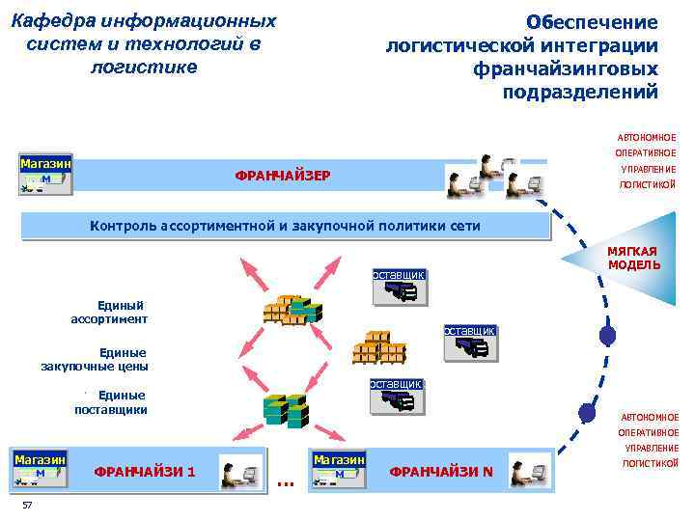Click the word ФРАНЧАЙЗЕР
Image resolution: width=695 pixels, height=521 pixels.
(x=283, y=176)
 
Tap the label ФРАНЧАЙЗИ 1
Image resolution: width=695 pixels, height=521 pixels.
(x=145, y=472)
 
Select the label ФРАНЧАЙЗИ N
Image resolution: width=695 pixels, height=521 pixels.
(x=440, y=472)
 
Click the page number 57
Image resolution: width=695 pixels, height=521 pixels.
(x=27, y=507)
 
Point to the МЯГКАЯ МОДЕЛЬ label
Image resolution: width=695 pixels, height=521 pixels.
(x=633, y=258)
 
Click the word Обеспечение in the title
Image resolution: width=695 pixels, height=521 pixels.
(x=592, y=21)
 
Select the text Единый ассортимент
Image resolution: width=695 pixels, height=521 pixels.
(x=110, y=312)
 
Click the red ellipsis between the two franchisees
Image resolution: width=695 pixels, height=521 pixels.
(x=285, y=480)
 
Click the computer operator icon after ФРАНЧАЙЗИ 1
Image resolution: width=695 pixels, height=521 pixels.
(x=240, y=473)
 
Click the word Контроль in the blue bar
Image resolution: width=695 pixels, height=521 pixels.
(x=126, y=226)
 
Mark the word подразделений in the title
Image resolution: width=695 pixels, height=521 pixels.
(x=580, y=92)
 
